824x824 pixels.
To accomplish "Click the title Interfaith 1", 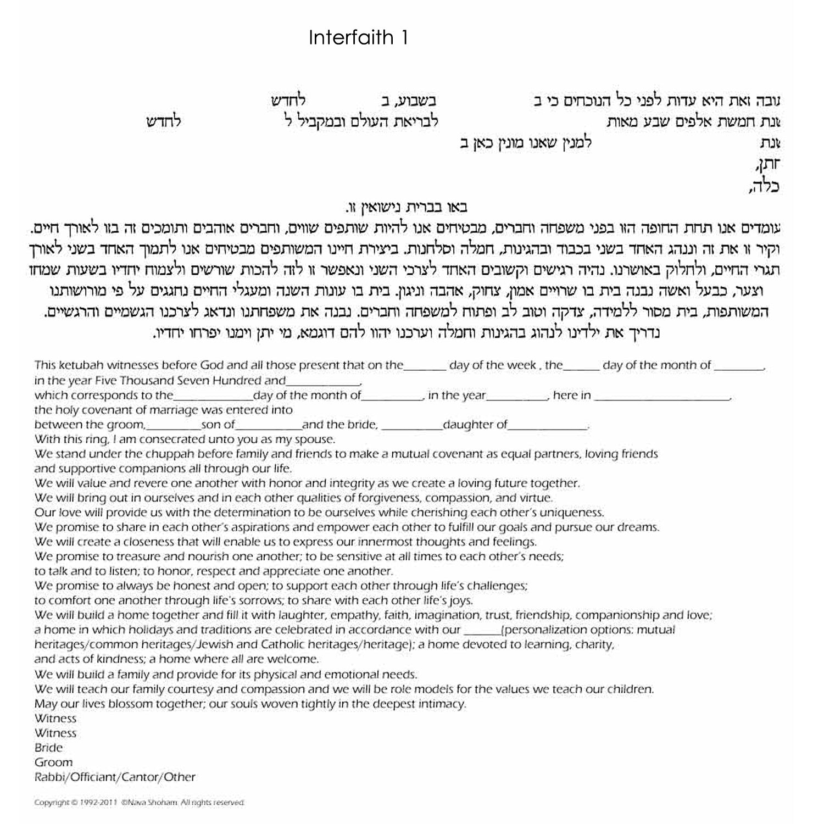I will [358, 38].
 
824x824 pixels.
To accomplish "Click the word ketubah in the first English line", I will [78, 365].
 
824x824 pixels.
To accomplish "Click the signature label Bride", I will [48, 748].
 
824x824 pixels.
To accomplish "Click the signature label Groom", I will [53, 762].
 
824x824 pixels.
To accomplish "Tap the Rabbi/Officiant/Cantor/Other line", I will [115, 777].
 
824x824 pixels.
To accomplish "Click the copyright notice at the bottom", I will [139, 803].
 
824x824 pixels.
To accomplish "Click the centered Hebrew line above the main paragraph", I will [407, 208].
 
